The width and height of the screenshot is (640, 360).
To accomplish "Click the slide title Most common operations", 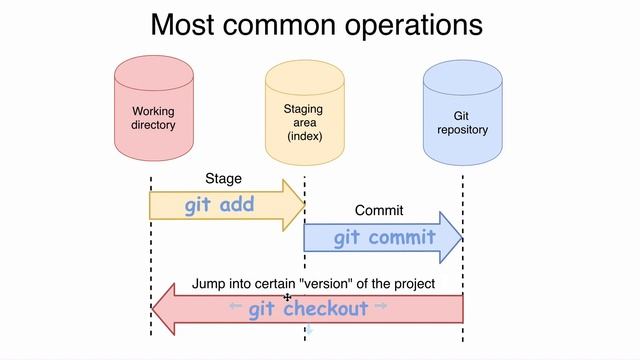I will pos(316,24).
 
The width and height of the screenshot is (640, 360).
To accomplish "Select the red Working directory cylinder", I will pos(153,111).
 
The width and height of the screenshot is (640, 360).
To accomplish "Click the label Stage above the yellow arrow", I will pos(223,179).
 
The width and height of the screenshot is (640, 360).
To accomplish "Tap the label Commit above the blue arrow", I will pos(379,211).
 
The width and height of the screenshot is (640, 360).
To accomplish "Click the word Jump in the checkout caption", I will pos(210,284).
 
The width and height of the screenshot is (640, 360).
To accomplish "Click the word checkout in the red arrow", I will pos(325,309).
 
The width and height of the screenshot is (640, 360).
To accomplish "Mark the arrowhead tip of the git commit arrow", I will pos(461,238).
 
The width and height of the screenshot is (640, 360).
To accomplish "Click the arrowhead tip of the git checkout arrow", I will pos(153,309).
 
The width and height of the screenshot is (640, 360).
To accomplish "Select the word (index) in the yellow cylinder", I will pos(305,136).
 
